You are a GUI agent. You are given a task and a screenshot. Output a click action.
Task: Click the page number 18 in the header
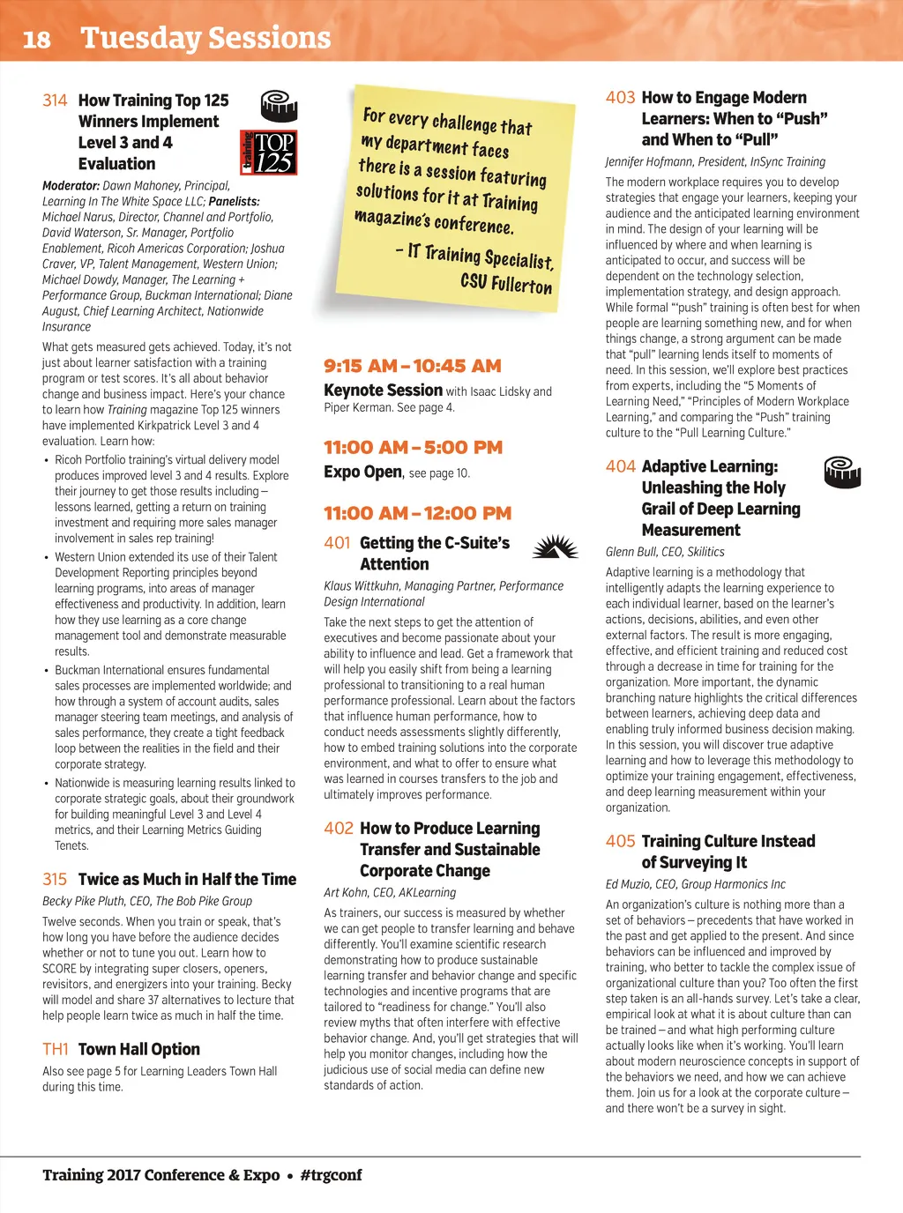[36, 40]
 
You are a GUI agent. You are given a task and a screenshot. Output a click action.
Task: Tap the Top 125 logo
[269, 153]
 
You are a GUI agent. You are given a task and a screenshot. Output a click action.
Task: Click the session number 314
[55, 100]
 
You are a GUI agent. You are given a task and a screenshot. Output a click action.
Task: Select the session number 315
[55, 879]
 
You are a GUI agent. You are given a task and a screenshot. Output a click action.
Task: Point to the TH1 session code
[55, 1049]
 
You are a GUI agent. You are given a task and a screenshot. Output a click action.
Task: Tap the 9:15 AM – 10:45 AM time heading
[413, 366]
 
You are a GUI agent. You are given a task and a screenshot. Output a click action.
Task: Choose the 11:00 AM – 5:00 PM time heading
[413, 447]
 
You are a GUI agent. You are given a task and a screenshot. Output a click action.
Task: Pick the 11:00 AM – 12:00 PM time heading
[417, 513]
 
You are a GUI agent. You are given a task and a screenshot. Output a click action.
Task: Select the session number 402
[338, 829]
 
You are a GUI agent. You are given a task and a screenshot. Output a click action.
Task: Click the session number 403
[620, 98]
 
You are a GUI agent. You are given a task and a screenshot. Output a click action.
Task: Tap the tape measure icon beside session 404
[841, 473]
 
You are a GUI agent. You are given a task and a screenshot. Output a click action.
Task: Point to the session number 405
[620, 841]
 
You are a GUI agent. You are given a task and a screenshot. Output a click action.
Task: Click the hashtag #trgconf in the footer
[331, 1175]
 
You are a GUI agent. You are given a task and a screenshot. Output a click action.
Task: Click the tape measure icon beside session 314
[279, 106]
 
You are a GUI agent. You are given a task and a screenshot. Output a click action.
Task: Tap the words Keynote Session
[383, 391]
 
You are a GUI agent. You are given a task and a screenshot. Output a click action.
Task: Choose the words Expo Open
[362, 473]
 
